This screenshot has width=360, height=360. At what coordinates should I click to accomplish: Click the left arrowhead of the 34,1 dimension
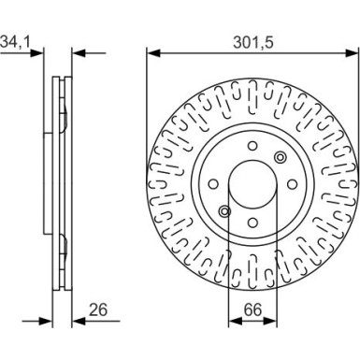[x=44, y=53]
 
